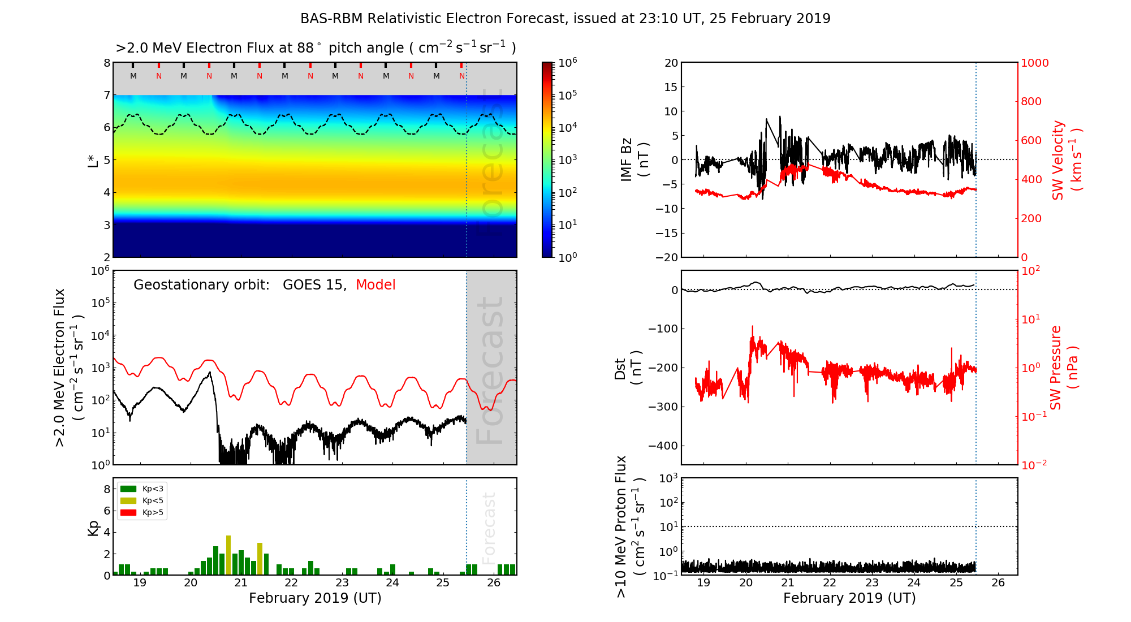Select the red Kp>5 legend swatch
click(128, 513)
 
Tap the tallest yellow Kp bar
click(228, 555)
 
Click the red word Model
click(375, 285)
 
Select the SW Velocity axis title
click(1067, 160)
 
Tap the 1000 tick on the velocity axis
click(1035, 63)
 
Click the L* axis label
click(93, 160)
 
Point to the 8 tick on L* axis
click(107, 63)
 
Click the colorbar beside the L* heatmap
click(547, 160)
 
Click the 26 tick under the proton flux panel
click(998, 583)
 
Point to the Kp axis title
click(93, 528)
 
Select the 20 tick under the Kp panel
click(191, 583)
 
